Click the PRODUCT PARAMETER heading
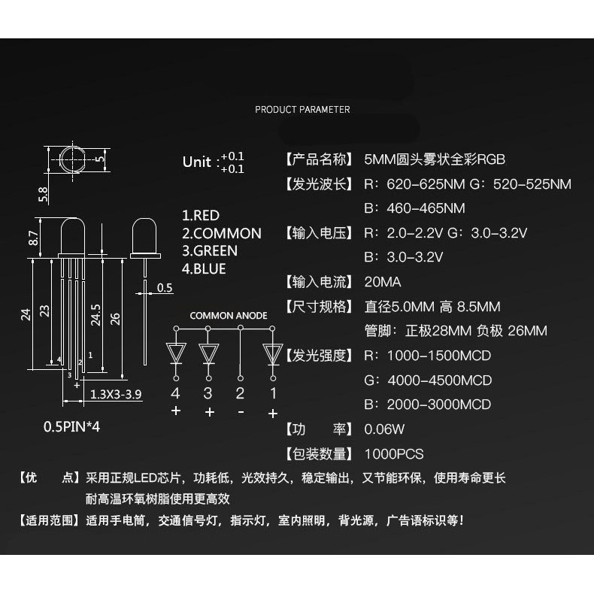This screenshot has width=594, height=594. coord(302,110)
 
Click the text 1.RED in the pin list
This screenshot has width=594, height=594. coord(201,216)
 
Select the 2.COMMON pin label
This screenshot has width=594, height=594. coord(222,234)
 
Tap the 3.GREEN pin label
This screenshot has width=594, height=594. coord(210,251)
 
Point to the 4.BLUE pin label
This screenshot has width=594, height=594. coord(204,269)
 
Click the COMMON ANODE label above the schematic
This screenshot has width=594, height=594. coord(228,316)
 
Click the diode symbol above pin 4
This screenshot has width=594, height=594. coord(176,352)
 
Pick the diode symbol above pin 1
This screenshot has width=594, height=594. coord(273,352)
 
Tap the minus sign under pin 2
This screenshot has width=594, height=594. coord(241,411)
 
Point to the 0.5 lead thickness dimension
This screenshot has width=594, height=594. coord(165,287)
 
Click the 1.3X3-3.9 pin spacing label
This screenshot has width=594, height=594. coord(116,394)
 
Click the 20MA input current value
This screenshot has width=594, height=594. coord(383,283)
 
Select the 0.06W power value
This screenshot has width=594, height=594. coord(384,429)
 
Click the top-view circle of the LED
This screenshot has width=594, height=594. coord(73,160)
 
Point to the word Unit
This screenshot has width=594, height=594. coord(197,162)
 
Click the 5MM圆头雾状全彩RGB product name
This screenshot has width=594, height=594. coord(435,160)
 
